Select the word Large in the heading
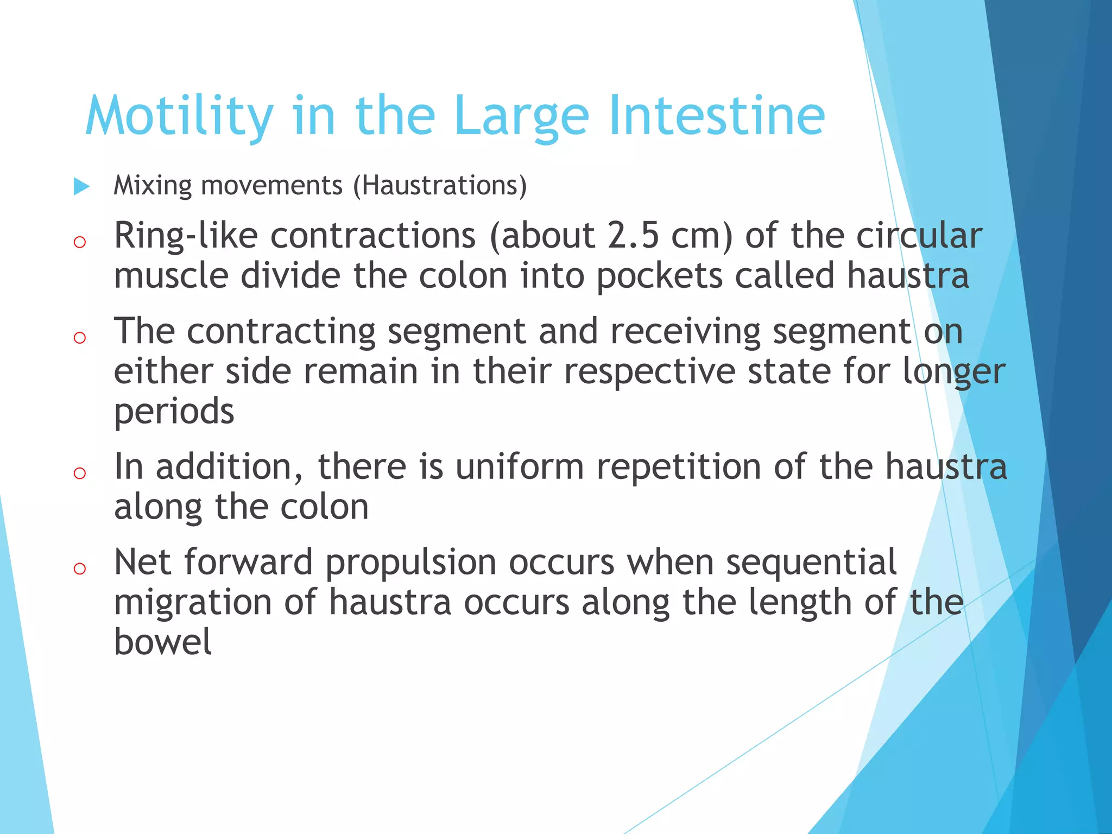[x=521, y=117]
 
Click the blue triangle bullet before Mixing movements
[x=81, y=186]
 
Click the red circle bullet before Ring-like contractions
[x=80, y=242]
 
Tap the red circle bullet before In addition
[x=80, y=473]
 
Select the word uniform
[x=519, y=467]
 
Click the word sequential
[x=811, y=562]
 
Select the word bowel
[x=162, y=642]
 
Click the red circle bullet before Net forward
[x=80, y=568]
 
